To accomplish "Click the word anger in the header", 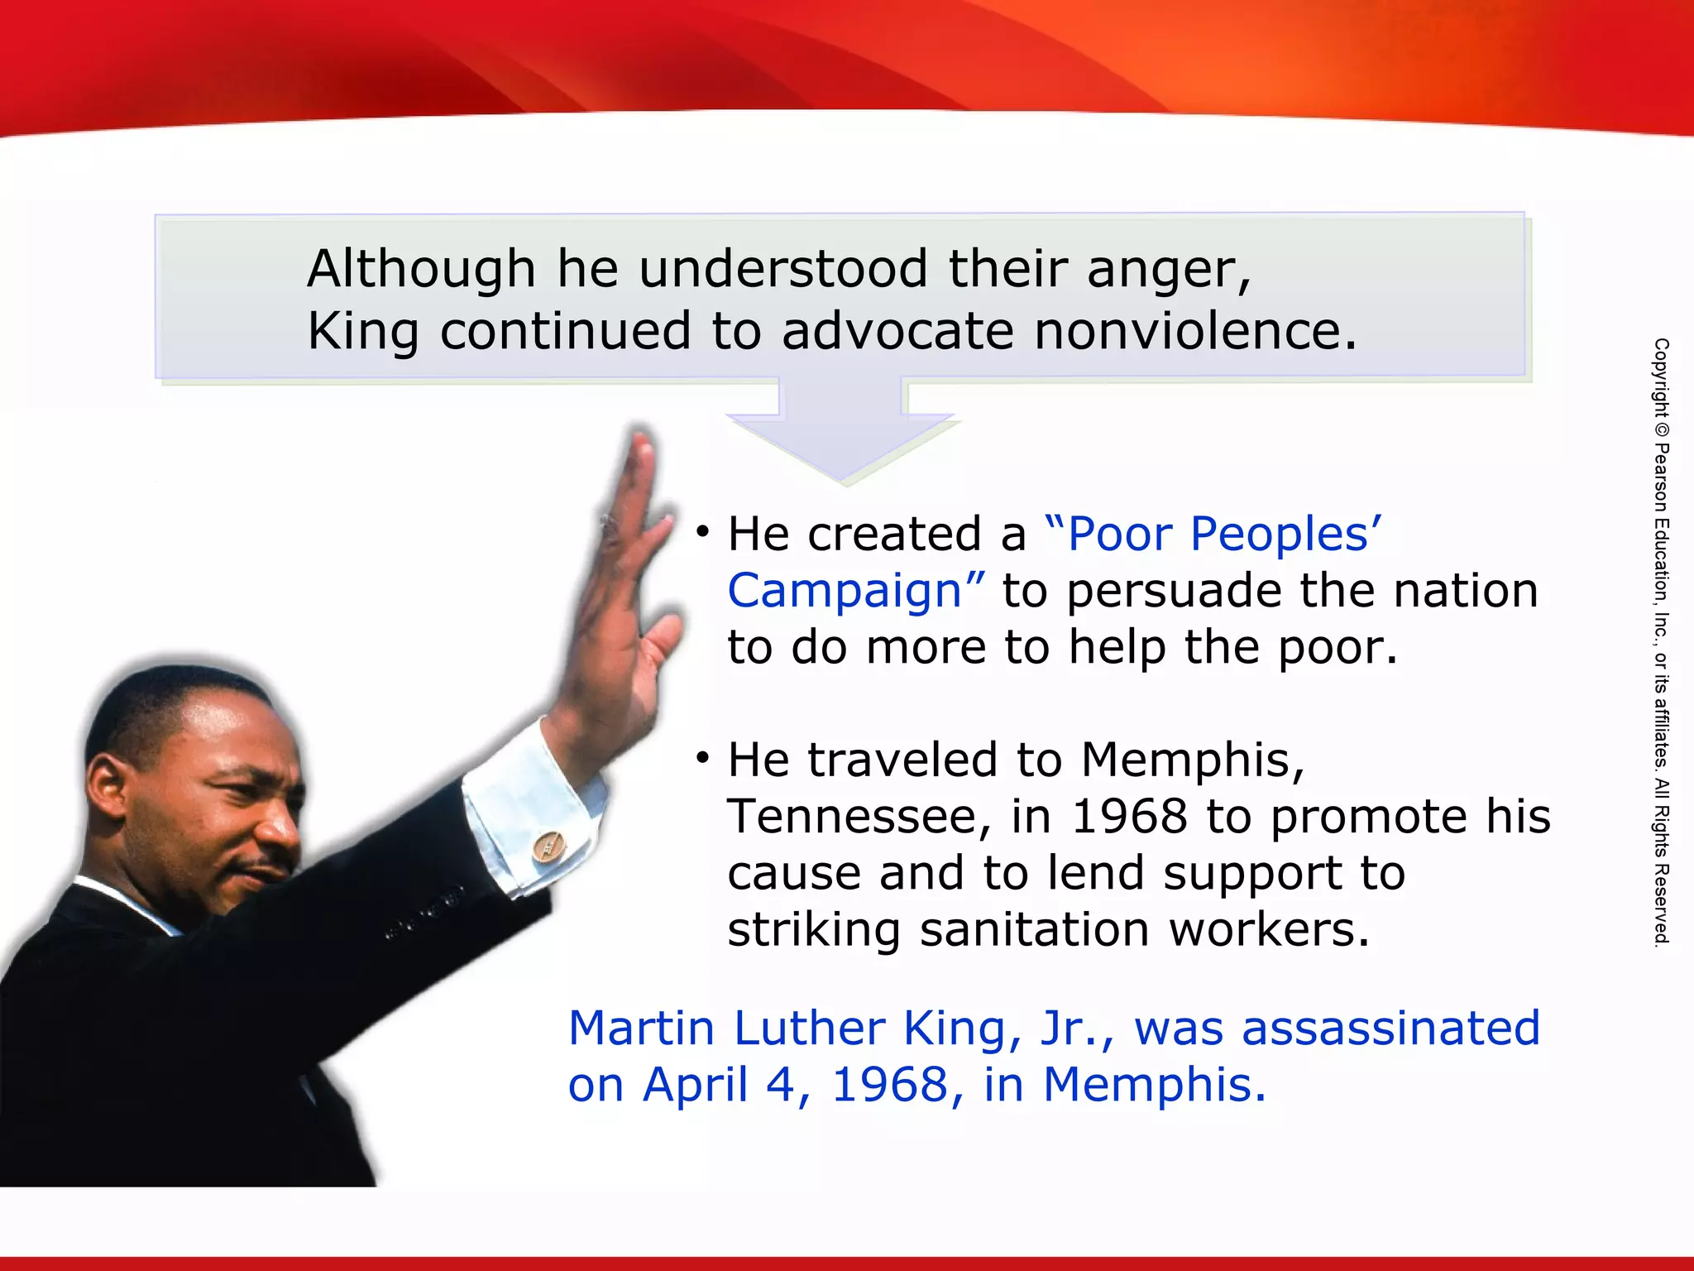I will pyautogui.click(x=1168, y=271).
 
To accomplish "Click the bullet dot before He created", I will pyautogui.click(x=703, y=530).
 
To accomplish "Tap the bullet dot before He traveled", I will pyautogui.click(x=703, y=756).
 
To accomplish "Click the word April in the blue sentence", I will pyautogui.click(x=696, y=1085).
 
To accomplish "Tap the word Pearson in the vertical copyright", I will pyautogui.click(x=1661, y=479).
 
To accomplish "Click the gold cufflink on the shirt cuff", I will pyautogui.click(x=547, y=847).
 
